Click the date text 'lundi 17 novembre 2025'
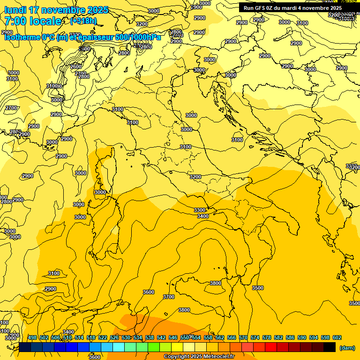(56, 10)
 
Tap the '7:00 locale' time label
(33, 21)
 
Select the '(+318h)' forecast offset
(83, 21)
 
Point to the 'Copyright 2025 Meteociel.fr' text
(199, 357)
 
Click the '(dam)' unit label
(347, 348)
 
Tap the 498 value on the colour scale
(32, 337)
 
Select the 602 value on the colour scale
(337, 337)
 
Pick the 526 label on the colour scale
(114, 337)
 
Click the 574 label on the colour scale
(255, 337)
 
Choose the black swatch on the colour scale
(330, 347)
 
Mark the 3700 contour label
(169, 297)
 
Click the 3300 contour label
(200, 210)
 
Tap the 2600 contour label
(76, 67)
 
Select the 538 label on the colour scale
(150, 337)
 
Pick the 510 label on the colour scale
(67, 337)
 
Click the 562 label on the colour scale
(220, 337)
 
